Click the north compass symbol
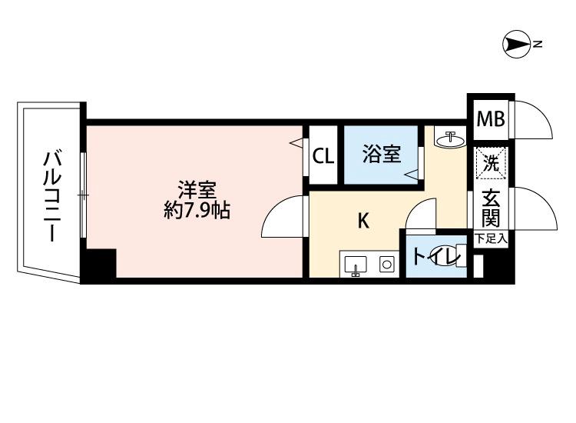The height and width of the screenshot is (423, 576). [x=516, y=45]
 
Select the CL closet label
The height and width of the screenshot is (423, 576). [x=323, y=156]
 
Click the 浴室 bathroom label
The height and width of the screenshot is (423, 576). [x=382, y=155]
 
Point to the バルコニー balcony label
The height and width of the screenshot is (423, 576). [x=52, y=195]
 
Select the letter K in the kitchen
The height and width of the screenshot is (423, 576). [x=364, y=221]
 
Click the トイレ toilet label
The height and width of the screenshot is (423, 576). [x=435, y=256]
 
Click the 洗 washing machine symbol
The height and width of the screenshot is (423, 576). [x=490, y=162]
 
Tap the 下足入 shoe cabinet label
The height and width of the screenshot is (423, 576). [x=490, y=239]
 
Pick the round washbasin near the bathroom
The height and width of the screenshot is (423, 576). [x=449, y=140]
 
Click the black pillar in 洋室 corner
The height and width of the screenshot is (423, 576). [x=99, y=265]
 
